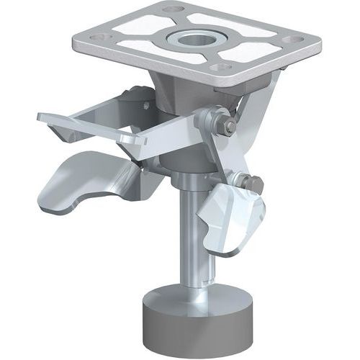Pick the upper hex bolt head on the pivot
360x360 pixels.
pyautogui.click(x=229, y=128)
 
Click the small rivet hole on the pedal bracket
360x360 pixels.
pyautogui.click(x=145, y=106)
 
